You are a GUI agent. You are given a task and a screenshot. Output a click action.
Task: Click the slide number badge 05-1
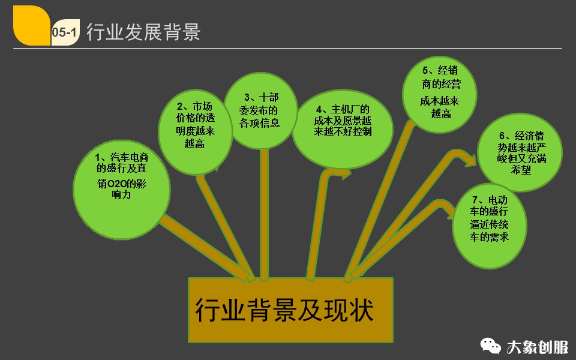(x=64, y=34)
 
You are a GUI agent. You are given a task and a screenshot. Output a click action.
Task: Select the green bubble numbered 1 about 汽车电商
(x=121, y=186)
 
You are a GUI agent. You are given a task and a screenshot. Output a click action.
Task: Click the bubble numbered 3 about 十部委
(x=260, y=112)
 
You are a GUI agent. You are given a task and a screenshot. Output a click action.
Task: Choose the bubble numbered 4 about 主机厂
(x=343, y=128)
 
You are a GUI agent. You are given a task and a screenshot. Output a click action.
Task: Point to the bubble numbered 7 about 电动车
(x=490, y=226)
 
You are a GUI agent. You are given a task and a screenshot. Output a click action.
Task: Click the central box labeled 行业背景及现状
(x=291, y=310)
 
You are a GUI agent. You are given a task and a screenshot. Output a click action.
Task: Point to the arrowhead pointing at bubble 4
(x=346, y=174)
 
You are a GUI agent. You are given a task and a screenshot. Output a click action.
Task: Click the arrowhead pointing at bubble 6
(x=470, y=159)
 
